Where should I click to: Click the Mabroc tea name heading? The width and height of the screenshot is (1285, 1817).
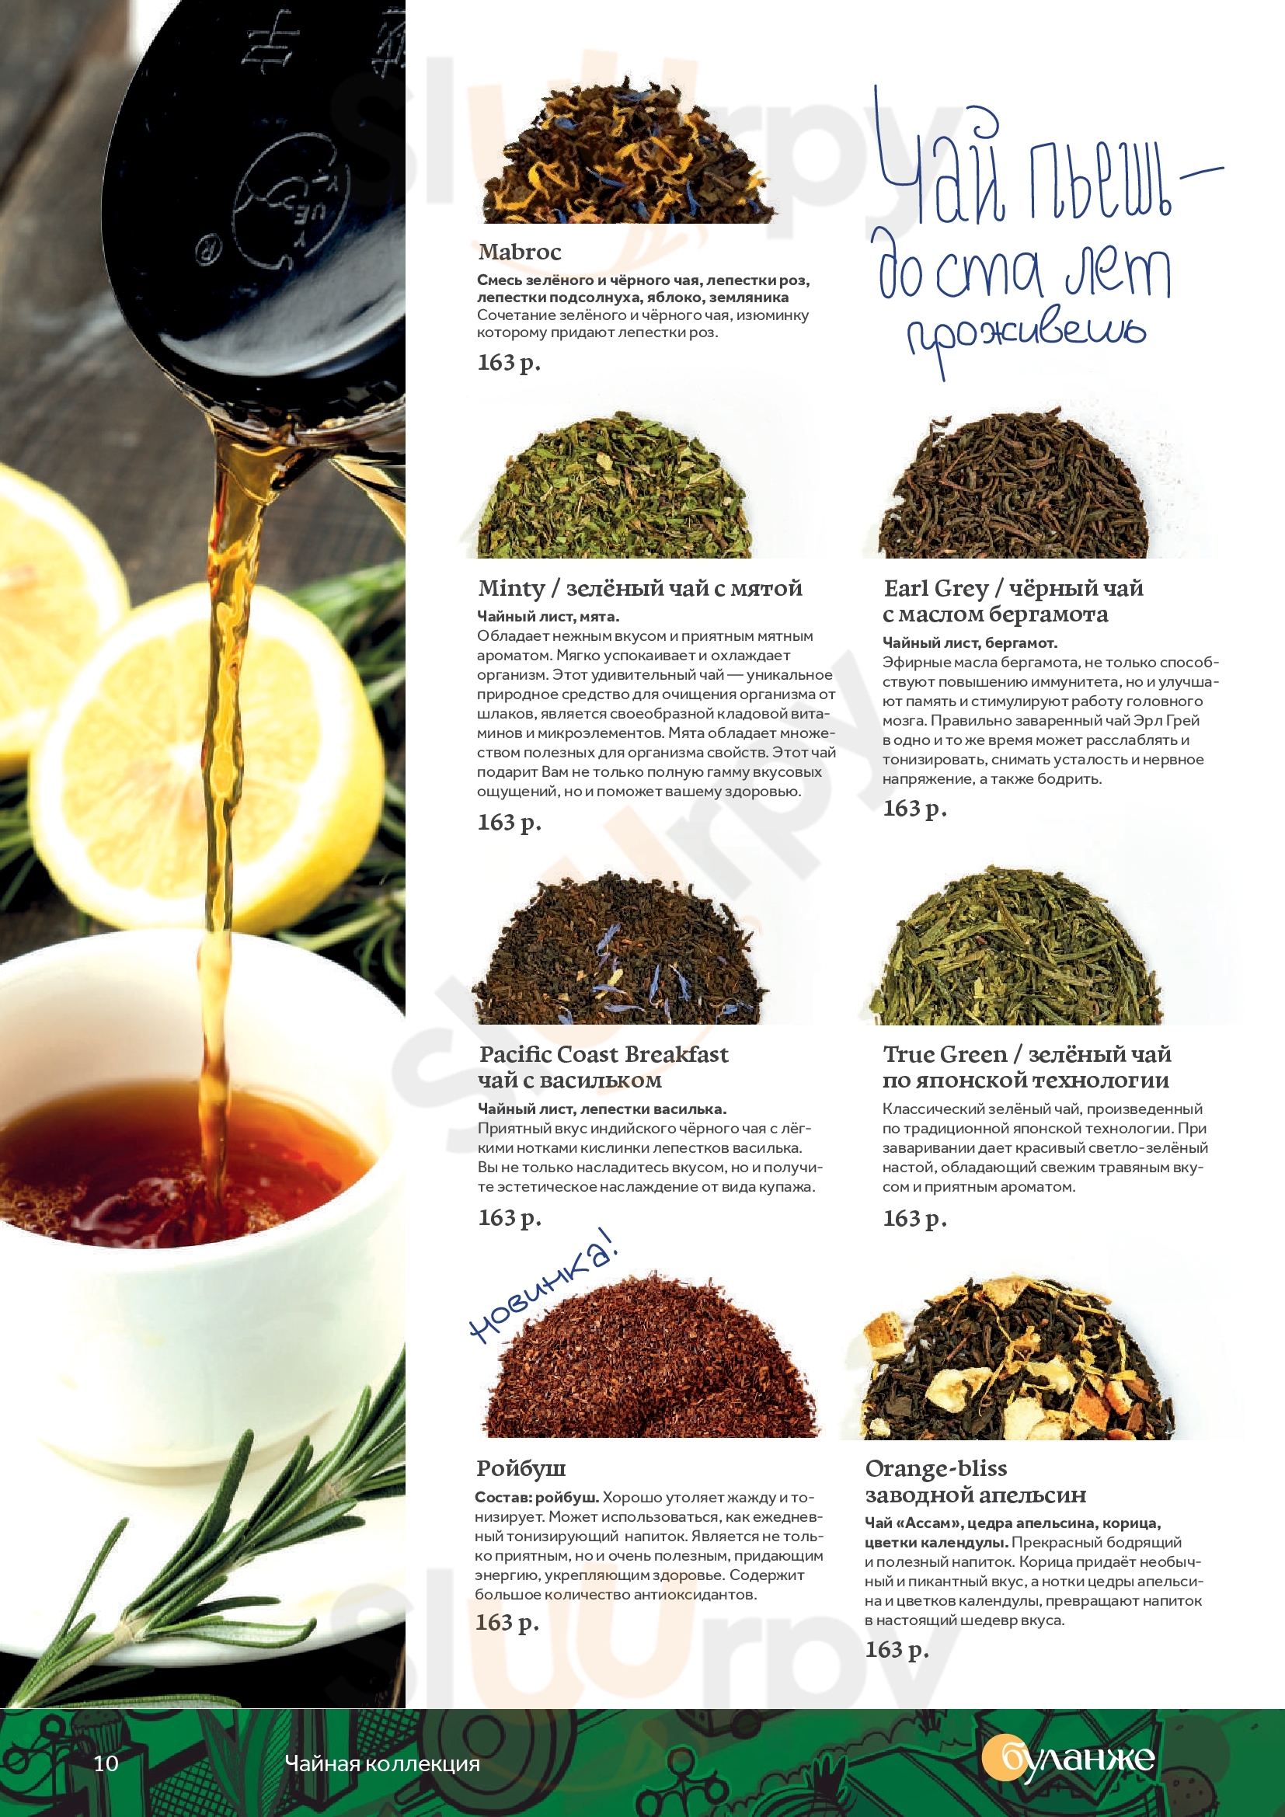click(519, 252)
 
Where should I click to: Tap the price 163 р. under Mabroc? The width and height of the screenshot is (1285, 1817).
click(509, 363)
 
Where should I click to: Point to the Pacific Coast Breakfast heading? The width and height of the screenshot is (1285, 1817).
click(603, 1054)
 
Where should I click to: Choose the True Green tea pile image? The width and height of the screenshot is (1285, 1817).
click(1016, 945)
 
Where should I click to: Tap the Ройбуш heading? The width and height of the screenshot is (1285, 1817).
click(521, 1469)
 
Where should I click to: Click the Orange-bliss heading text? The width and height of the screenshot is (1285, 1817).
click(936, 1469)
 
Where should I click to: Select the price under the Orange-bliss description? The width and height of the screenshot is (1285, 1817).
click(897, 1650)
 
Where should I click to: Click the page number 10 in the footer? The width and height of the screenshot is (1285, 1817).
click(106, 1763)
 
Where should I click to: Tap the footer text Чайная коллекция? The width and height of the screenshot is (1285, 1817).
click(382, 1763)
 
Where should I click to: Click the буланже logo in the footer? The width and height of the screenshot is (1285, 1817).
click(1067, 1759)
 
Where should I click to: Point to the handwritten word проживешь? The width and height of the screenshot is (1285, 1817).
click(1026, 340)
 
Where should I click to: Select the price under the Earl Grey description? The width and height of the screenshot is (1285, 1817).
click(914, 809)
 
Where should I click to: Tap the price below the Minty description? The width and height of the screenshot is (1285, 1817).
click(510, 823)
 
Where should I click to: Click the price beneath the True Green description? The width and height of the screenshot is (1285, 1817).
click(914, 1219)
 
